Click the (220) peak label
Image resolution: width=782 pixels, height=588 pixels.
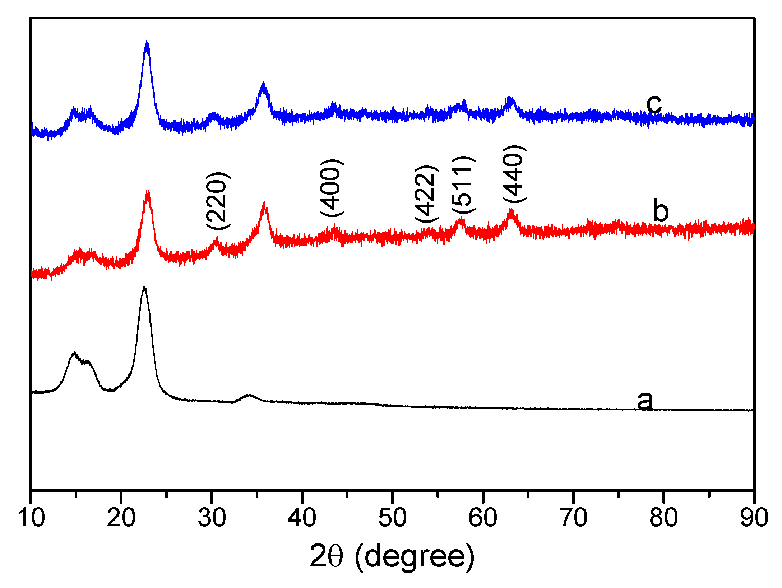point(218,201)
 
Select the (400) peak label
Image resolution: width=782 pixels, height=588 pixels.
point(332,188)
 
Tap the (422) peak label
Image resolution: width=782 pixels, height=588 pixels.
point(426,194)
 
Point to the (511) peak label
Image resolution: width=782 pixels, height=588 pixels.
point(463,185)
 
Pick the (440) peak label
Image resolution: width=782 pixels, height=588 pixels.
point(514,174)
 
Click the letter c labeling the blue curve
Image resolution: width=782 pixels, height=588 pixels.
point(653,104)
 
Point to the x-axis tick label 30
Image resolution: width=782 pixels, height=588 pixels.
point(212,518)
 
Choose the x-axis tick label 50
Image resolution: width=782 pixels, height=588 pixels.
point(393,518)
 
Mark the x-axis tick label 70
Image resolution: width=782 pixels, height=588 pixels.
point(574,518)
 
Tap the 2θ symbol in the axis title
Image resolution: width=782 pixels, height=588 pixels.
point(326,556)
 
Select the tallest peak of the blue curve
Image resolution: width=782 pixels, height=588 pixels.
point(147,42)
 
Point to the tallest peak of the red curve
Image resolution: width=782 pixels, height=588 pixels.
point(147,192)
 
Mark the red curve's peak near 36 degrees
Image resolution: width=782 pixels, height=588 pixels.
point(265,205)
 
